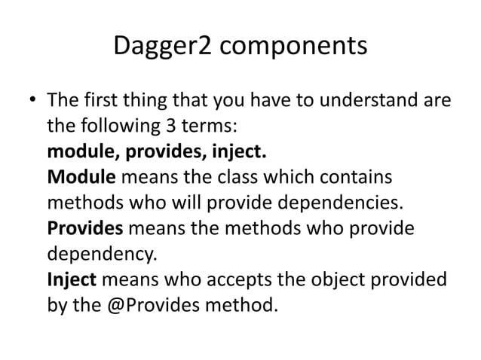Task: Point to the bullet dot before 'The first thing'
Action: (x=32, y=100)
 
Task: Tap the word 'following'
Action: (x=118, y=126)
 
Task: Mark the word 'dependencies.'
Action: (x=335, y=204)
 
